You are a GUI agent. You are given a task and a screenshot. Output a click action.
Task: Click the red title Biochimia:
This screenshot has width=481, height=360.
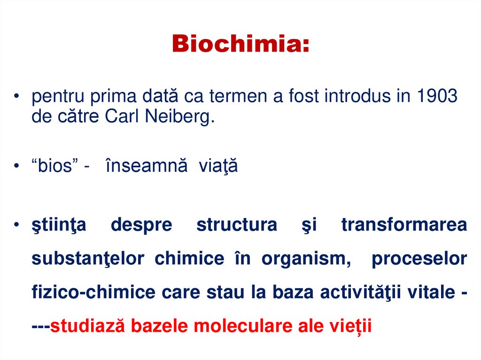[x=240, y=45]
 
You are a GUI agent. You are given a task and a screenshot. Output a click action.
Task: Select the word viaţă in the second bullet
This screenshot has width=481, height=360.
[x=218, y=167]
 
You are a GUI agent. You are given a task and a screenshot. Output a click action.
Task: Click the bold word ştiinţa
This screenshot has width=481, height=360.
[x=59, y=225]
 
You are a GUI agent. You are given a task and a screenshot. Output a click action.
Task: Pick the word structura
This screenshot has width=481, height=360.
[x=237, y=225]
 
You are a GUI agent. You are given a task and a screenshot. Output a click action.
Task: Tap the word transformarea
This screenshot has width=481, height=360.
[x=404, y=225]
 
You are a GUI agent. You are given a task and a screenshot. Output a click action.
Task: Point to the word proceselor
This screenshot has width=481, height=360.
[x=419, y=259]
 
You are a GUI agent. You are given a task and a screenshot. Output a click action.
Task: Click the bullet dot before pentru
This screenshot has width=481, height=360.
[x=16, y=97]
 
